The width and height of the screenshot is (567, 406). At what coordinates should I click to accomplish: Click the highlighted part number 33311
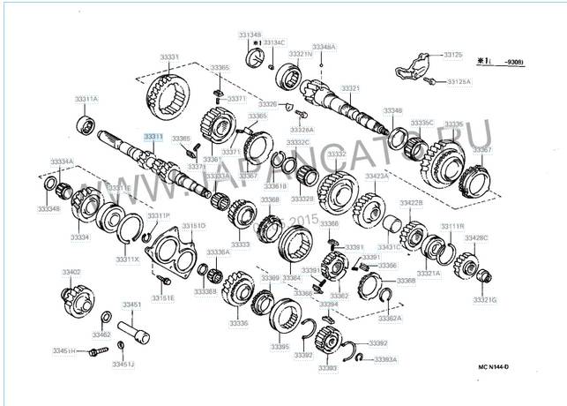pyautogui.click(x=154, y=137)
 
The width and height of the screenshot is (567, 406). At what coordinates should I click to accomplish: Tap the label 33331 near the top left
pyautogui.click(x=169, y=57)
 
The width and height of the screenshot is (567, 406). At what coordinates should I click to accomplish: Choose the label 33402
pyautogui.click(x=71, y=272)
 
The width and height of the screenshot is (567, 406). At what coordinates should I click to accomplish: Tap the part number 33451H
pyautogui.click(x=63, y=350)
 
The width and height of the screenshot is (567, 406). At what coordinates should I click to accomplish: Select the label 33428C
pyautogui.click(x=476, y=238)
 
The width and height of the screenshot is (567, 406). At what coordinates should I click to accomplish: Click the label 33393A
pyautogui.click(x=384, y=359)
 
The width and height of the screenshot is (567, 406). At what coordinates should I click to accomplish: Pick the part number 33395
pyautogui.click(x=280, y=347)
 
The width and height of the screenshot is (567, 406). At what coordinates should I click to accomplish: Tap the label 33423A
pyautogui.click(x=377, y=177)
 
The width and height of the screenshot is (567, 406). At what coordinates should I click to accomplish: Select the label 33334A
pyautogui.click(x=61, y=162)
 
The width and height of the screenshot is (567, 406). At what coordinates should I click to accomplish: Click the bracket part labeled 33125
pyautogui.click(x=414, y=66)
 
